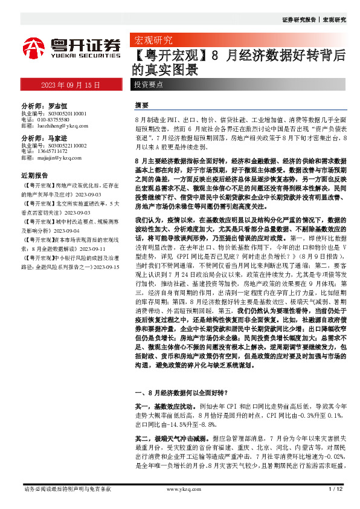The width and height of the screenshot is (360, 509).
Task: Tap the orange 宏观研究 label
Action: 152,41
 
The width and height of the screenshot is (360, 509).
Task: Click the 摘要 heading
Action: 141,105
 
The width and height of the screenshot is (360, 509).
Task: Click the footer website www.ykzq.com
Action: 180,488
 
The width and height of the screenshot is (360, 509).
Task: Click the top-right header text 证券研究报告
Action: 298,20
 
